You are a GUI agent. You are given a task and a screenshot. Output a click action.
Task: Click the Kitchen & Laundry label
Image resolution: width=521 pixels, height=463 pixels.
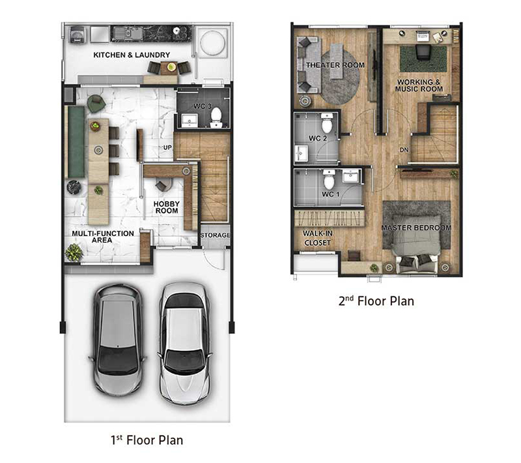coord(132,55)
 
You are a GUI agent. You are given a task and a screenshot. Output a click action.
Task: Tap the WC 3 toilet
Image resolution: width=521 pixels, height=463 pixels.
coord(216,117)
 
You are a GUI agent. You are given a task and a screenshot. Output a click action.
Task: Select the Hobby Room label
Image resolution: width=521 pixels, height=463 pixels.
coord(167,207)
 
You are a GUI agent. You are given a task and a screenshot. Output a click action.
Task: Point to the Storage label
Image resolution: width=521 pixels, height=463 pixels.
coord(216,235)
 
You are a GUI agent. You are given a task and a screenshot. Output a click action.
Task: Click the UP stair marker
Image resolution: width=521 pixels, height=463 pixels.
coord(167,147)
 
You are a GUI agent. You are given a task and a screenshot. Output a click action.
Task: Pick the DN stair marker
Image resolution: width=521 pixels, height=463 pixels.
coord(404,150)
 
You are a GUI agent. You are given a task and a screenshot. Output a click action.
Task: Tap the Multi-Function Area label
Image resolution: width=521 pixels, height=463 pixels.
coord(103,237)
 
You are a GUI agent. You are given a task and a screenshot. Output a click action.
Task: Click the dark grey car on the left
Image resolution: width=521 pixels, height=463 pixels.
coord(118,339)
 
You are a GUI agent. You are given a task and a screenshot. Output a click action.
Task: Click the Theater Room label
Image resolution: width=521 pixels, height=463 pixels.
coord(335,65)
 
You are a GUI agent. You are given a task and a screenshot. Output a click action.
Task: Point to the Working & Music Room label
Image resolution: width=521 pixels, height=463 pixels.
coord(419,85)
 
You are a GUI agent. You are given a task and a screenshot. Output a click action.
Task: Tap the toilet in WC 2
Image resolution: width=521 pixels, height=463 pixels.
coord(328,123)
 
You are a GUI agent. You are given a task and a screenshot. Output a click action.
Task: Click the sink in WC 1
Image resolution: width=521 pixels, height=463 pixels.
coord(351,176)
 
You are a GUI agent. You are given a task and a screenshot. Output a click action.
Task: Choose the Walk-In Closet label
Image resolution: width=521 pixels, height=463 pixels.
coord(317,238)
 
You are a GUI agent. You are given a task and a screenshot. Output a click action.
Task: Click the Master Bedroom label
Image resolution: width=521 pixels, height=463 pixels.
coord(416,228)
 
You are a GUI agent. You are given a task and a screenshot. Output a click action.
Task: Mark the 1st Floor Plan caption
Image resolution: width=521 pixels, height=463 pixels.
coord(147,440)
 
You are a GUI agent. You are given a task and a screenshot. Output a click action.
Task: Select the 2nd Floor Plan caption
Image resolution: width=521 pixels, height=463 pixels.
coord(376,301)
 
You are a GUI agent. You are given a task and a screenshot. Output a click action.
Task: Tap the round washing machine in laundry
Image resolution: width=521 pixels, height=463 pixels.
coord(212,42)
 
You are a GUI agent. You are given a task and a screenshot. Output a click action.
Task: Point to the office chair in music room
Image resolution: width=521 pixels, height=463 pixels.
coord(422,53)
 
